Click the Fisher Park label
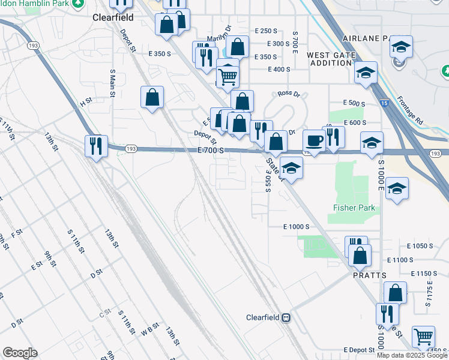[354, 208]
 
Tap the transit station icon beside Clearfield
[287, 317]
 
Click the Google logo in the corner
[20, 353]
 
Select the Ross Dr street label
[289, 94]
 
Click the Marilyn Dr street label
[218, 37]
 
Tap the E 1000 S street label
[296, 227]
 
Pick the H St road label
[86, 104]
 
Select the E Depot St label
[360, 350]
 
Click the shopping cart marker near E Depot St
[423, 337]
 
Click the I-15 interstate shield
[384, 104]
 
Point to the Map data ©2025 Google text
[412, 355]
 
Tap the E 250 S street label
[266, 31]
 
